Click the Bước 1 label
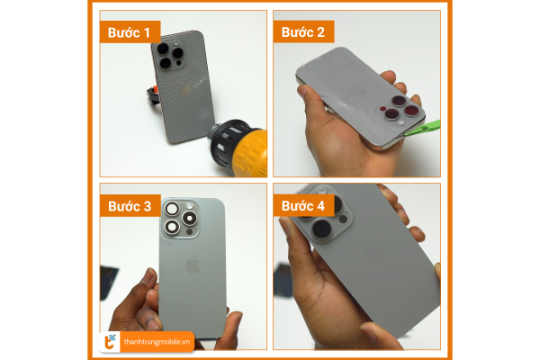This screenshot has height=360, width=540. click(130, 32)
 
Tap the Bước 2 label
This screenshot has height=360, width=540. click(303, 32)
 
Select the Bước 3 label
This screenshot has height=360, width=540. click(130, 206)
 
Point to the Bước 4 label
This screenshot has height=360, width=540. click(303, 206)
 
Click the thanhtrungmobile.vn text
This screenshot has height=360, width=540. click(157, 342)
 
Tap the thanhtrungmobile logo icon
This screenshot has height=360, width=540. click(110, 342)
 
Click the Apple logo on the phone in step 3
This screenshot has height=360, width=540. click(193, 265)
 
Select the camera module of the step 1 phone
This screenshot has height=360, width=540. click(170, 55)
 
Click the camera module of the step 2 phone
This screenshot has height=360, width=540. click(400, 109)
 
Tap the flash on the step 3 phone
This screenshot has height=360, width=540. click(189, 206)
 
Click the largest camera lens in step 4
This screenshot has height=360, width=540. click(321, 229)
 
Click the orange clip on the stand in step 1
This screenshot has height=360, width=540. click(156, 90)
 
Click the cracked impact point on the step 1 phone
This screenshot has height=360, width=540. click(200, 83)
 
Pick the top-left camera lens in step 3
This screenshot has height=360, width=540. click(172, 209)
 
